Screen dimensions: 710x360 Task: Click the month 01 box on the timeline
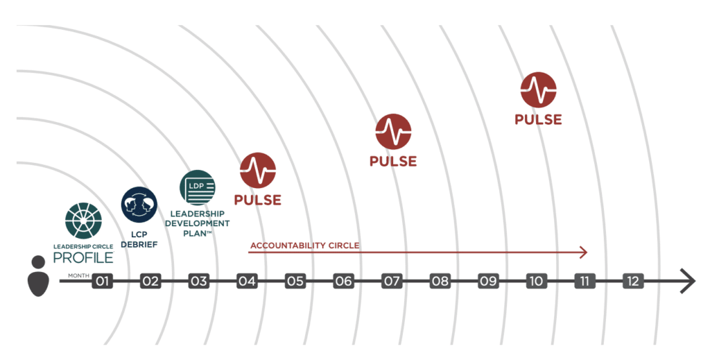click(x=103, y=281)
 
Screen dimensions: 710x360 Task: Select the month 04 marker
click(x=247, y=281)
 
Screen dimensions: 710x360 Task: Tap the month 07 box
click(x=392, y=281)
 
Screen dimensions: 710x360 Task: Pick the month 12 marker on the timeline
click(x=632, y=281)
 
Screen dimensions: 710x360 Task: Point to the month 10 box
click(x=536, y=281)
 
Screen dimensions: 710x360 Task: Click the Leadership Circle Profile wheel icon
click(x=83, y=221)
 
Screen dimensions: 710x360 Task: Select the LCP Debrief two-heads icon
click(x=139, y=205)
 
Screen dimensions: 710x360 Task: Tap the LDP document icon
click(x=198, y=188)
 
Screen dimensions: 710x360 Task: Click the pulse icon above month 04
click(x=258, y=170)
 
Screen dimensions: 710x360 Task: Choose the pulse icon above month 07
click(x=393, y=132)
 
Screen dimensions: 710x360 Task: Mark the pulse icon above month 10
click(x=538, y=89)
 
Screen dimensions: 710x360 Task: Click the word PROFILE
click(x=83, y=257)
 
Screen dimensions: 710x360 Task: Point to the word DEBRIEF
click(x=139, y=245)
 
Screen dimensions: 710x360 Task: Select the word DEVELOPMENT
click(x=198, y=223)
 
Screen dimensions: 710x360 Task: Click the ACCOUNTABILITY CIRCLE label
click(x=305, y=246)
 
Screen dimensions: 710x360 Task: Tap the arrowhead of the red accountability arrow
click(x=584, y=252)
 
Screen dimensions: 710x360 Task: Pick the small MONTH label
click(x=79, y=275)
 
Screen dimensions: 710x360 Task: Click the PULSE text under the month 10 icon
click(x=538, y=119)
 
